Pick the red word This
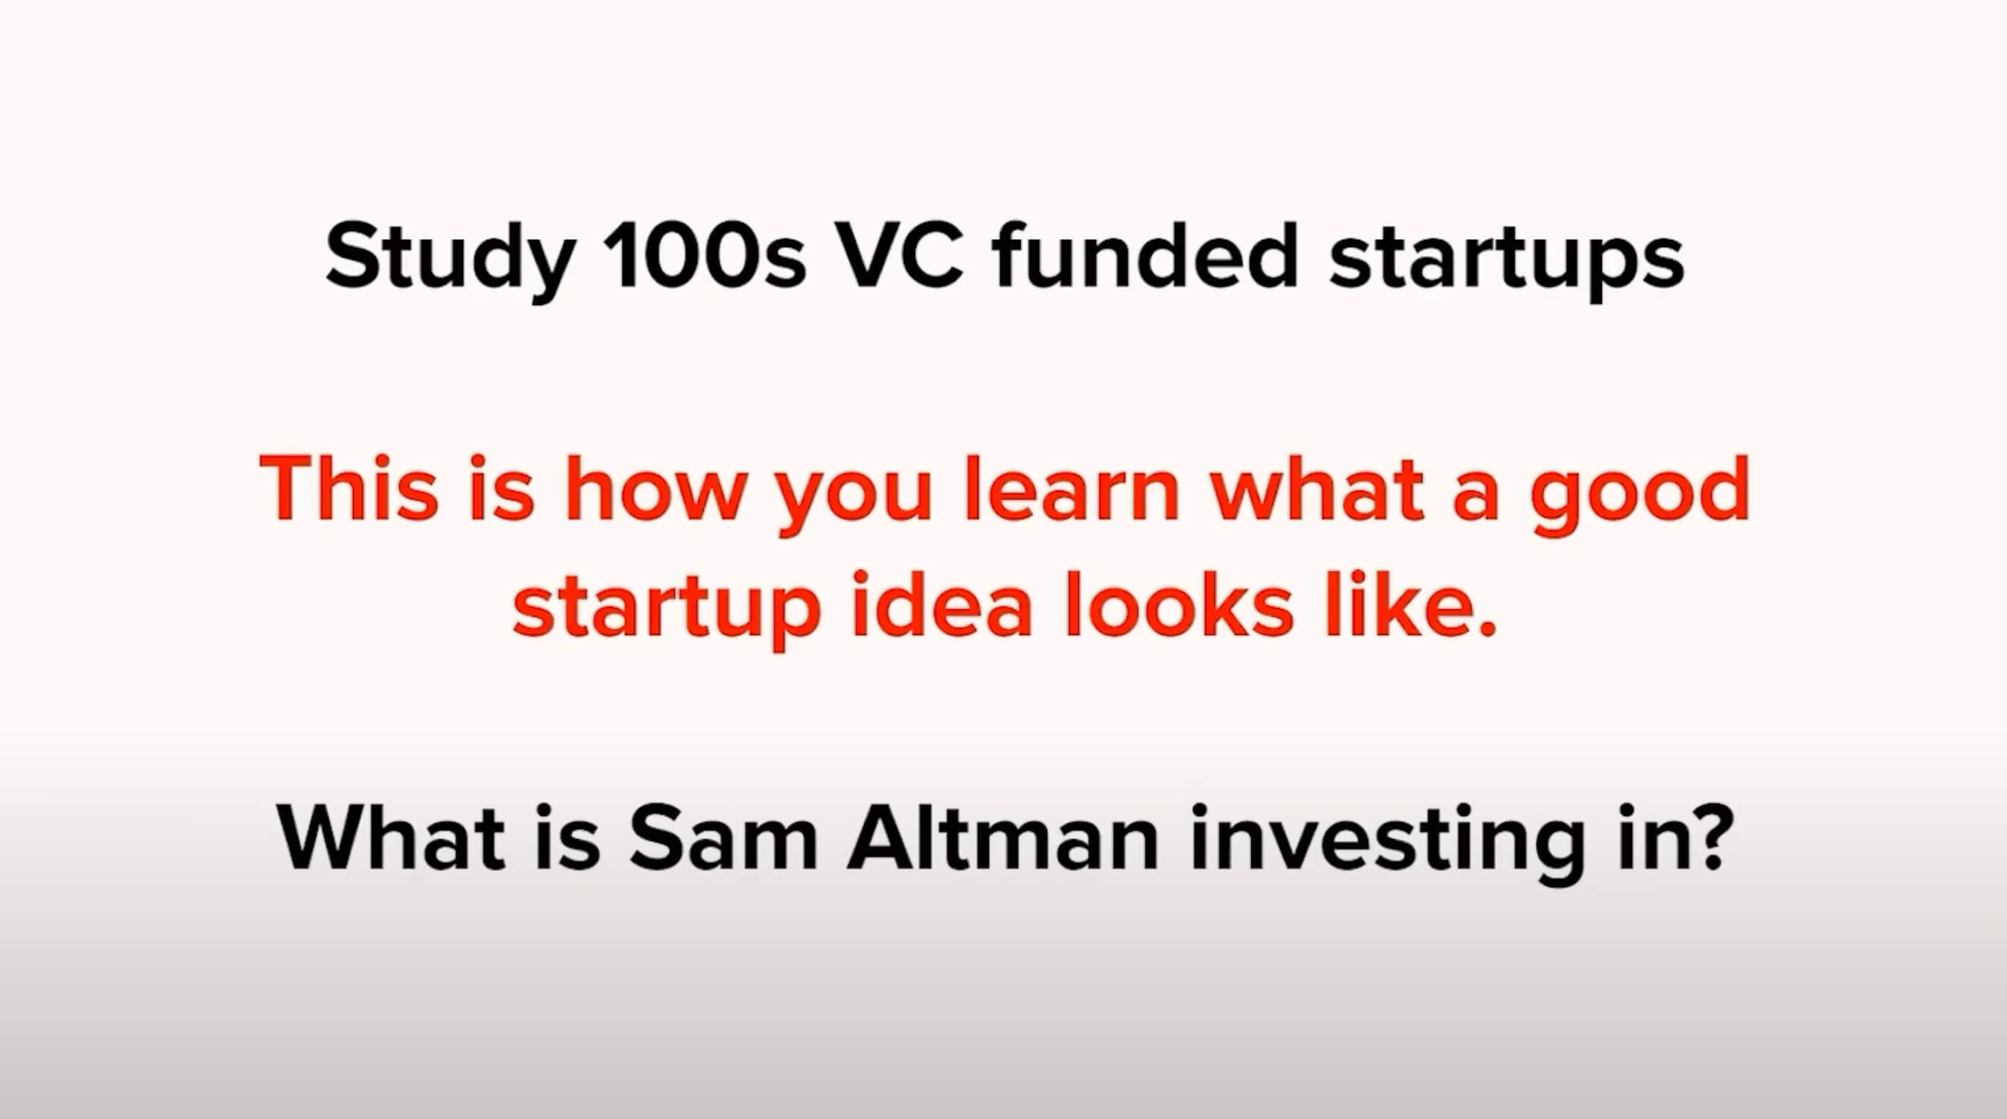pos(349,488)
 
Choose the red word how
pos(655,488)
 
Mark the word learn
pos(1072,488)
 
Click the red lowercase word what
pos(1316,488)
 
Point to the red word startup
pos(667,612)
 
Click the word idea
pos(942,603)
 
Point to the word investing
pos(1388,845)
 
